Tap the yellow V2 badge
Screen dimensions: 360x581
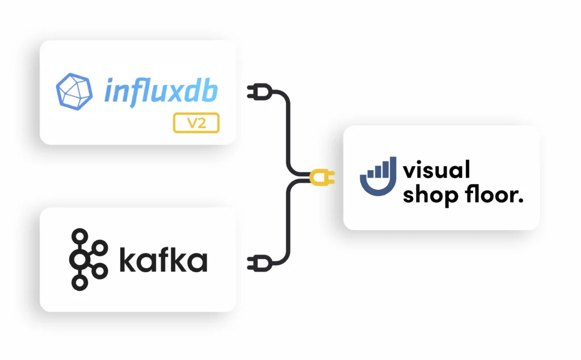pos(196,123)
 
